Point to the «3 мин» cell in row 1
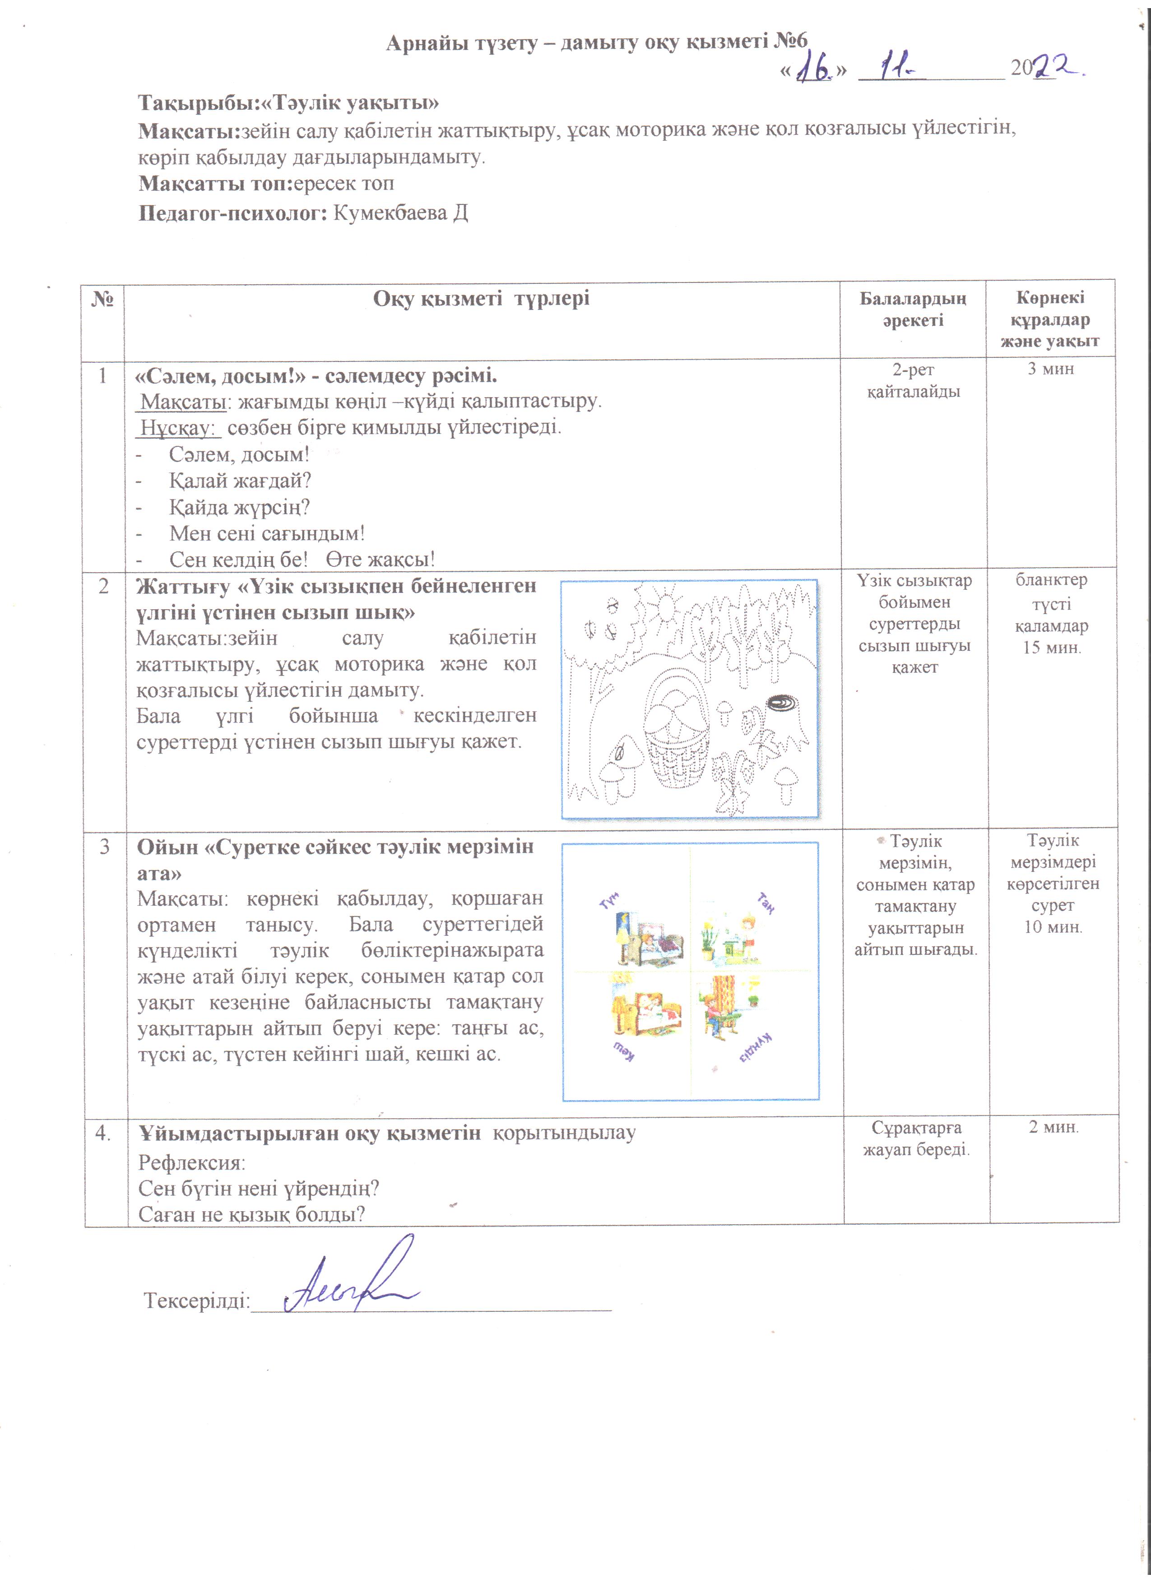pos(1050,369)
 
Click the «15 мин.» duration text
pos(1052,647)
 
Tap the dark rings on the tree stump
pos(787,704)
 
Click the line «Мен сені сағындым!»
pos(267,533)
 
